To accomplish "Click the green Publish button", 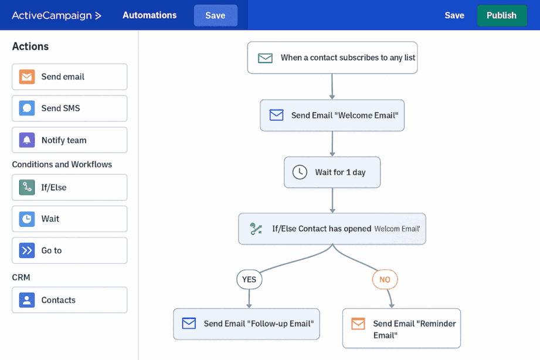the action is point(502,15).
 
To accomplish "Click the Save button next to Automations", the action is point(215,15).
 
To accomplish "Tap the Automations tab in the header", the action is point(150,15).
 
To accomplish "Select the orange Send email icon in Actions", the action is point(27,77).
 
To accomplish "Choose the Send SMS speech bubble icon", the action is point(27,108).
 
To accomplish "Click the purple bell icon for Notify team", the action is point(27,140).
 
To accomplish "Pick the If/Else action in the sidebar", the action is point(70,188).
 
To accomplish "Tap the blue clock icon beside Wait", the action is point(27,219).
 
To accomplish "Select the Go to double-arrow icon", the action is point(27,250).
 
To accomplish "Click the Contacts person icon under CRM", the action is point(27,300).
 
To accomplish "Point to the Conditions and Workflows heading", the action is point(62,164).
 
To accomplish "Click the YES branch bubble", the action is point(249,280).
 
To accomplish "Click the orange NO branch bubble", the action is point(385,280).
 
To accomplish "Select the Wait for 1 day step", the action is point(332,172).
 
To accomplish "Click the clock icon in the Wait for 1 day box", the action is point(300,172).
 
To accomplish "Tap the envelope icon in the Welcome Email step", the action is point(276,115).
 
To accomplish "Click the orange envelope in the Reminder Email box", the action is point(358,324).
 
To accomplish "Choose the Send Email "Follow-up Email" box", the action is point(247,324).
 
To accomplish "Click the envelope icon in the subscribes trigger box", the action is point(265,58).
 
